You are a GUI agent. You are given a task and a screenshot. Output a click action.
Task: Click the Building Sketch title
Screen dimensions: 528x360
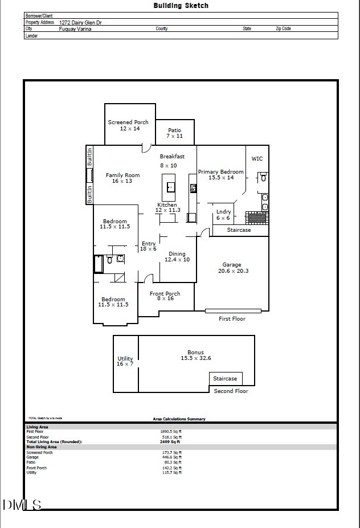coord(181,6)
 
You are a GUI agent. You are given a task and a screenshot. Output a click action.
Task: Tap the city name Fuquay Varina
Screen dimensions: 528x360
coord(75,28)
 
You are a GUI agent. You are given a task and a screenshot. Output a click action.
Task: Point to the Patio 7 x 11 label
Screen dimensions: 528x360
coord(174,133)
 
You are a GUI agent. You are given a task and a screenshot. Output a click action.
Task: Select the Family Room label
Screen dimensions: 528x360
coord(122,178)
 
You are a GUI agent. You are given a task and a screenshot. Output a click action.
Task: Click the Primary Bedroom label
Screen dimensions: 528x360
coord(220,174)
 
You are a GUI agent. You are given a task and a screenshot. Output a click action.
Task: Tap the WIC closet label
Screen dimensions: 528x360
coord(257,159)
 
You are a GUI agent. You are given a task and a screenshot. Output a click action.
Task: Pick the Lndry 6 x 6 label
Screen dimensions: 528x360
coord(223,215)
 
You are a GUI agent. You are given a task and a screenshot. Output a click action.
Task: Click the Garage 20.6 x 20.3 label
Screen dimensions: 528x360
coord(231,268)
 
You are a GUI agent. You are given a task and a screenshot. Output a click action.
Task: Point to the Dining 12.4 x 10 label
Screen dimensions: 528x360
coord(177,257)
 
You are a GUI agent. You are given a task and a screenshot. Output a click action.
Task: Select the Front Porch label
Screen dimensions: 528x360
coord(165,296)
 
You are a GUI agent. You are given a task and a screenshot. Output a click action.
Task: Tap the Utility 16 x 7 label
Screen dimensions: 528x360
coord(125,361)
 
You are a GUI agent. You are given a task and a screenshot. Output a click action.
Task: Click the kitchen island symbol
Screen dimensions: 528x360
coord(169,184)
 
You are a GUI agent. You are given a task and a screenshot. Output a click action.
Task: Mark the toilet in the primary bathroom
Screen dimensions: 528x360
coord(263,178)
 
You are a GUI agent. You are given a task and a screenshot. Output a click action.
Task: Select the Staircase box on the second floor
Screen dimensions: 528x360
coord(225,379)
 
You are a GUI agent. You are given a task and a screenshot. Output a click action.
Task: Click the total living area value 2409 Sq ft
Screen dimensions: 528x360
coord(170,441)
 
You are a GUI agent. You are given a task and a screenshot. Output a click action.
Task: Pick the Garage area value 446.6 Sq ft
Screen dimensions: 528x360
coord(171,457)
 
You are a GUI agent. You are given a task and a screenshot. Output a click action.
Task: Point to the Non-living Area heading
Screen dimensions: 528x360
coord(42,447)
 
